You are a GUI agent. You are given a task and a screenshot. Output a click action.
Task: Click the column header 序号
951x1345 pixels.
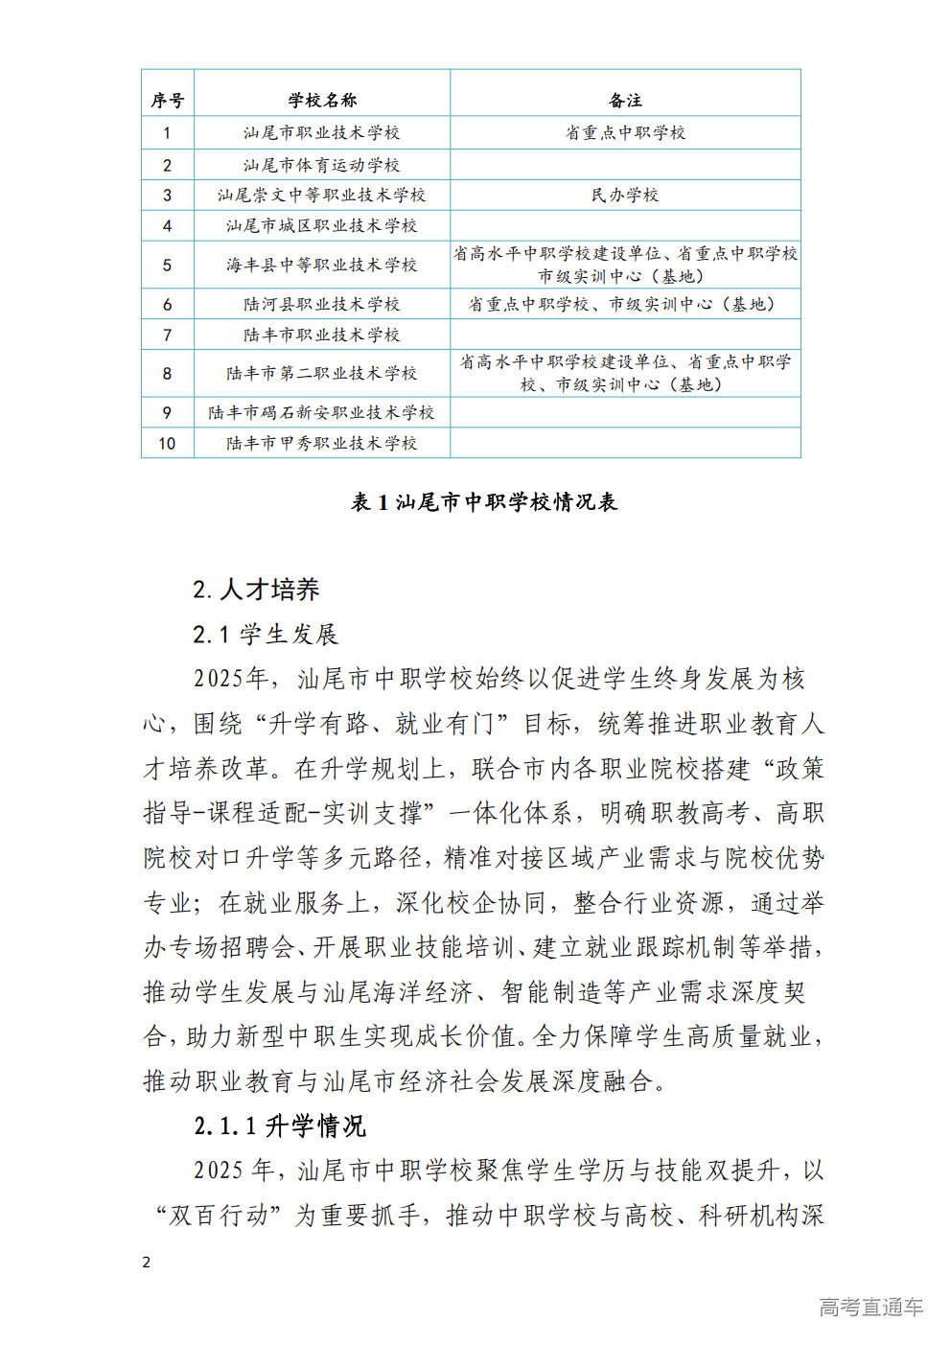[x=168, y=100]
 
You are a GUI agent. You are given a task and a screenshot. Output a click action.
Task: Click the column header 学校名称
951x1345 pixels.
[x=322, y=100]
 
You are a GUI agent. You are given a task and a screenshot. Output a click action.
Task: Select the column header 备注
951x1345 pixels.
[x=625, y=100]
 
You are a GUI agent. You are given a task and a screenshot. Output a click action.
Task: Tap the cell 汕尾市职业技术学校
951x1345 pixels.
[x=322, y=132]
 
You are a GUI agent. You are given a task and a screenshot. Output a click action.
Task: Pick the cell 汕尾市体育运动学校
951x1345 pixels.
[x=322, y=165]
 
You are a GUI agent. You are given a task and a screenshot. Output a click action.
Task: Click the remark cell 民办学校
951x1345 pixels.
[x=625, y=195]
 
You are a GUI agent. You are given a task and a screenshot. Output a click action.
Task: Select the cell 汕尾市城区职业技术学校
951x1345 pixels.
[x=322, y=225]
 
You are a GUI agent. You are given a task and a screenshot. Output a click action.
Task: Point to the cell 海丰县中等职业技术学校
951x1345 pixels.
[x=322, y=265]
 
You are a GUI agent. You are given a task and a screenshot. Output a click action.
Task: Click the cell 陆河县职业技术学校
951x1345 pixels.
[x=322, y=304]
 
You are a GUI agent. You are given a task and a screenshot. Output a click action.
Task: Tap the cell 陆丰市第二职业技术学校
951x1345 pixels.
[x=322, y=373]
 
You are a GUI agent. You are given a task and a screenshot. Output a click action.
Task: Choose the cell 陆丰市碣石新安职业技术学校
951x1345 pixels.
[x=322, y=412]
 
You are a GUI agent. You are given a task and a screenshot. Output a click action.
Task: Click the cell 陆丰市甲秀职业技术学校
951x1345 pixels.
[x=322, y=443]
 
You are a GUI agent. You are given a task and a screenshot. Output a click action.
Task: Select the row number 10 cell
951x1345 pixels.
[x=168, y=443]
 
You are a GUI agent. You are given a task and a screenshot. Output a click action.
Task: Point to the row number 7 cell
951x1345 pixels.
[x=168, y=335]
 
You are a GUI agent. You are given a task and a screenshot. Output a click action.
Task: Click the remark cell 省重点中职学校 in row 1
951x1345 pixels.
[x=625, y=132]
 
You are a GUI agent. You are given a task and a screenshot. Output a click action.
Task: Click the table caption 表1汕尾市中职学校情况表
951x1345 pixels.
[x=484, y=501]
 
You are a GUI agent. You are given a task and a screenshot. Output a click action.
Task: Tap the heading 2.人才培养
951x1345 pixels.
[x=256, y=590]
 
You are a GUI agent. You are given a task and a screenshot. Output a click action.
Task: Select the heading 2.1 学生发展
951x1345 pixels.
[x=266, y=634]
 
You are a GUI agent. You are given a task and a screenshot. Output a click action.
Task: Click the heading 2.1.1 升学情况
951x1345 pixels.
[x=280, y=1125]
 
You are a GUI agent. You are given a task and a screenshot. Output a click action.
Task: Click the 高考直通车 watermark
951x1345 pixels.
[x=870, y=1307]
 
